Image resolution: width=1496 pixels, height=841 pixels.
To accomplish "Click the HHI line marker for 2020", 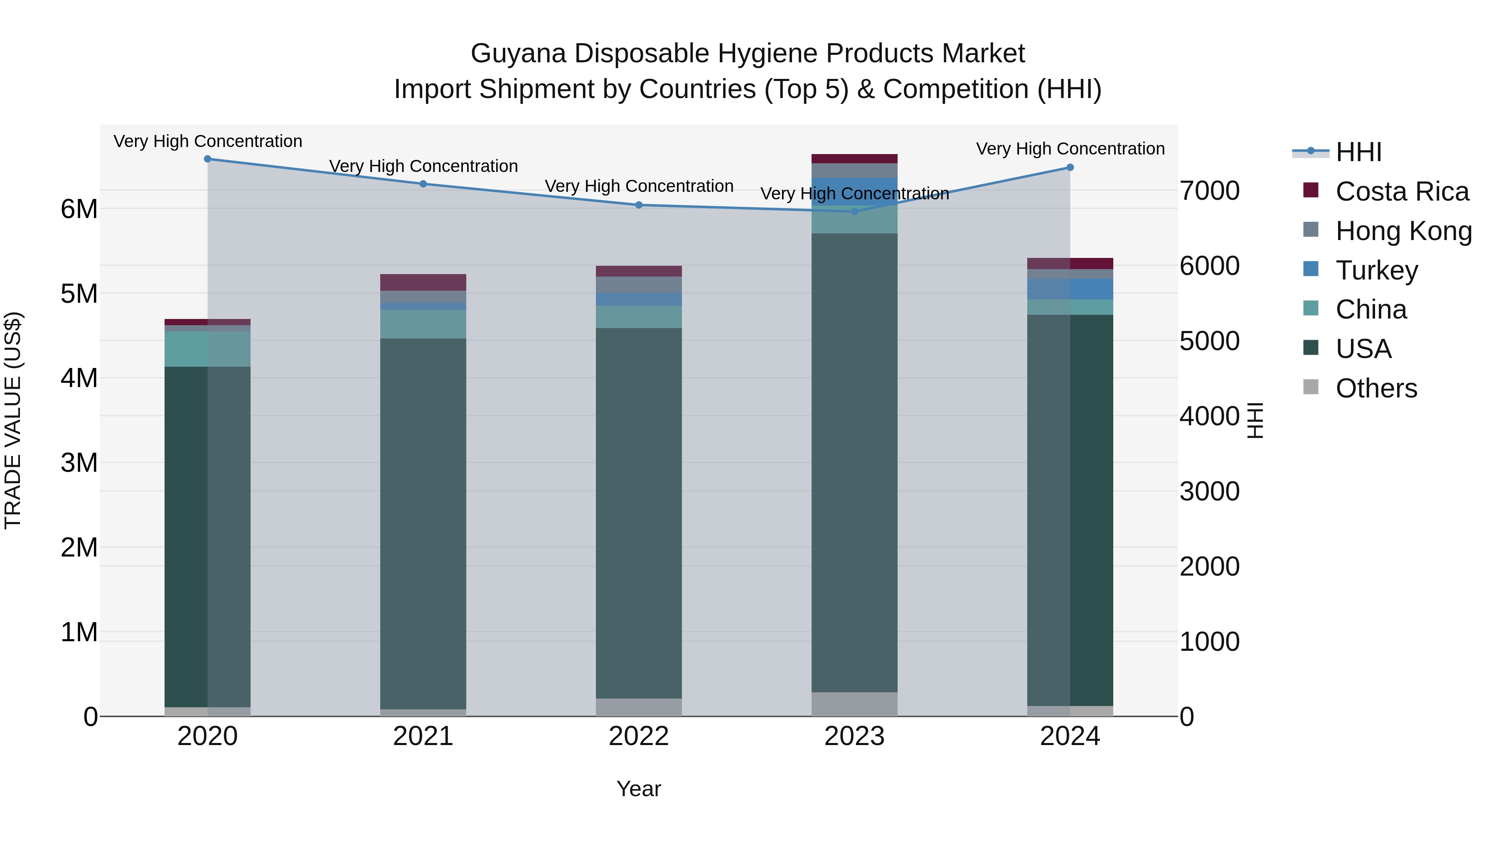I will (x=207, y=159).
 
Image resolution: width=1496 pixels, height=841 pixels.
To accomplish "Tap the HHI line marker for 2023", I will (x=854, y=211).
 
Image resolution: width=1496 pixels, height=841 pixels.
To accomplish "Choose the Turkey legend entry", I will (x=1376, y=270).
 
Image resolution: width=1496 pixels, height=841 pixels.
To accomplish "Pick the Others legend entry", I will (x=1376, y=388).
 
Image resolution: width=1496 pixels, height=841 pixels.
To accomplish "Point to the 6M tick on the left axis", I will (x=79, y=209).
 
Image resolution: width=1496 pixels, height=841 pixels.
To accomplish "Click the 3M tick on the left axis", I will (x=79, y=463).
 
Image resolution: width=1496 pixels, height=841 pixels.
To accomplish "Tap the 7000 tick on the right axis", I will (x=1210, y=191).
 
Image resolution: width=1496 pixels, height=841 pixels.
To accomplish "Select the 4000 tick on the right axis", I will (x=1210, y=416).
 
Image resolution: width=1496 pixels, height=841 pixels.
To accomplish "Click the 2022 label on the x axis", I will (x=638, y=736).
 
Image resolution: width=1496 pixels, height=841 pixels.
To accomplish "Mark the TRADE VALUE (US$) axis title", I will (x=13, y=420).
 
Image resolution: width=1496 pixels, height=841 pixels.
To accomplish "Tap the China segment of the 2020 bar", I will (x=207, y=349).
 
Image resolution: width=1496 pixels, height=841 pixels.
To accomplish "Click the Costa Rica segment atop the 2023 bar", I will (x=854, y=159).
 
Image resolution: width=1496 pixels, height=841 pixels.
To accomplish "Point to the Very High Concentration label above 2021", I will (x=423, y=166).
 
